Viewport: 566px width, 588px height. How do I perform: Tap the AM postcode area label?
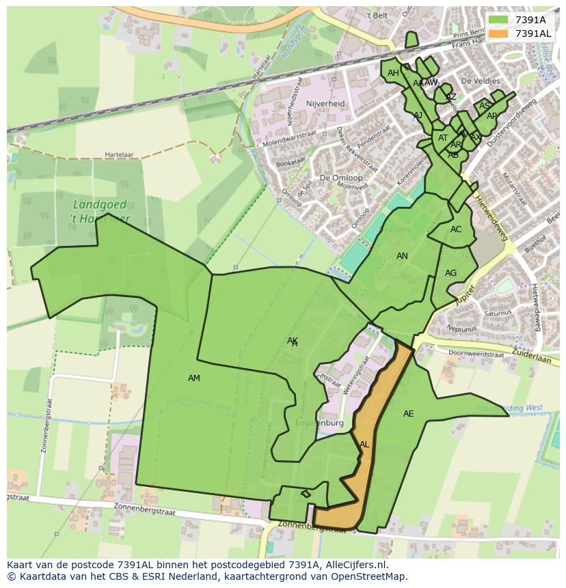point(194,378)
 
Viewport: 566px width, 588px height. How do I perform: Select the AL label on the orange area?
point(364,445)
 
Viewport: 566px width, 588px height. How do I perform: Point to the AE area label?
point(408,414)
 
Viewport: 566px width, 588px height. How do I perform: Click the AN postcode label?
point(402,256)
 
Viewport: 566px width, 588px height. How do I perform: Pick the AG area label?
point(450,273)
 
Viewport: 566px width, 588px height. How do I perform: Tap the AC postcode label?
point(456,229)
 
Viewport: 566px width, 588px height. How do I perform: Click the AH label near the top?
point(393,73)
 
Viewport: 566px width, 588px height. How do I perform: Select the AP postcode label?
point(491,116)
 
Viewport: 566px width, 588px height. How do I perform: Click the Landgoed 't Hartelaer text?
point(100,211)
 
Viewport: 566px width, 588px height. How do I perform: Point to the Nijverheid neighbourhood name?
point(325,104)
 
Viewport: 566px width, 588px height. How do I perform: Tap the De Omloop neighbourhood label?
point(340,178)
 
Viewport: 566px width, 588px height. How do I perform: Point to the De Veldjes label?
point(481,81)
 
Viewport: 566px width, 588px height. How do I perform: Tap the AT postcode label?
point(443,138)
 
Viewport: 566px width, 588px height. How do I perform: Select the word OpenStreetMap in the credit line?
point(369,576)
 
